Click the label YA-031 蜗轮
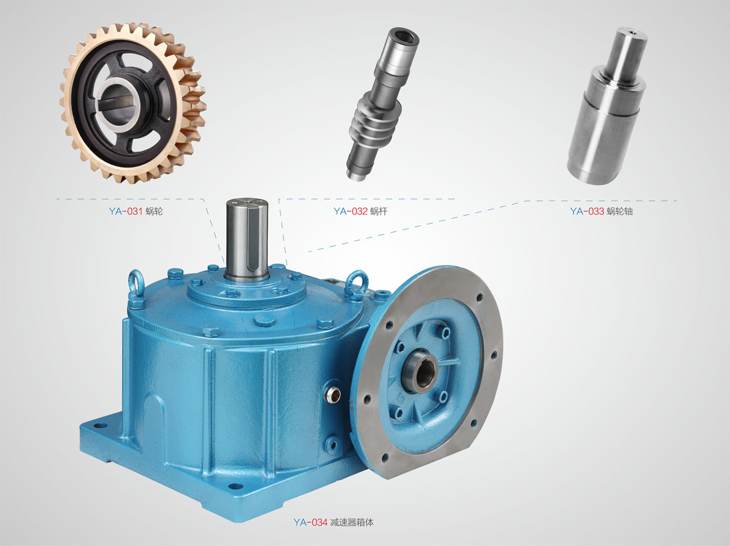coord(136,212)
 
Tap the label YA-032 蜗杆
coord(360,212)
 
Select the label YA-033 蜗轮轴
coord(601,212)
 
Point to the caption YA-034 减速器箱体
coord(333,522)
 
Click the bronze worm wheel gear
coord(133,103)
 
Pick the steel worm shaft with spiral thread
coord(382,103)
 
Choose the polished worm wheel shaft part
coord(607,106)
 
